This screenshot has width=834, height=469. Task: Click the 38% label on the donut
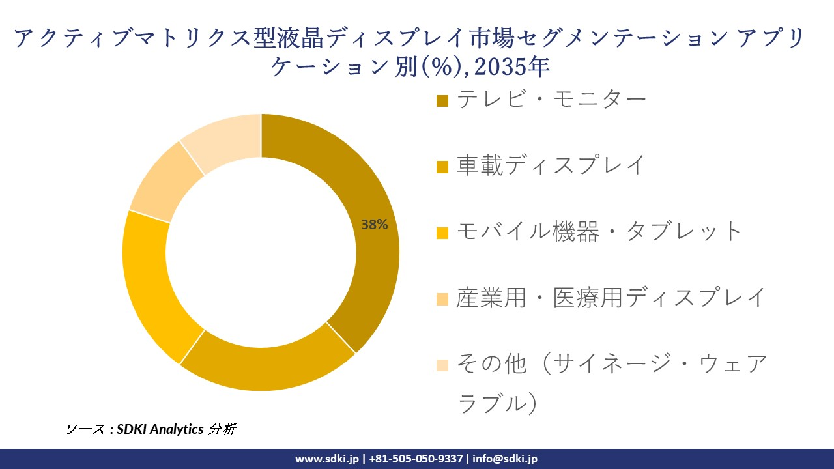375,225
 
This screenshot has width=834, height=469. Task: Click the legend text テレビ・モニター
551,99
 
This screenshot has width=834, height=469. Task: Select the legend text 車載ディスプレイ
551,165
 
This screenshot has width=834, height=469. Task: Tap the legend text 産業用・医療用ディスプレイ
611,298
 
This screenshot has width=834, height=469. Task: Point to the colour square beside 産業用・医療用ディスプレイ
442,300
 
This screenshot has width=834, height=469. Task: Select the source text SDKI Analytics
160,429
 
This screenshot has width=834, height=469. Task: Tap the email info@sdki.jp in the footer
505,459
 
